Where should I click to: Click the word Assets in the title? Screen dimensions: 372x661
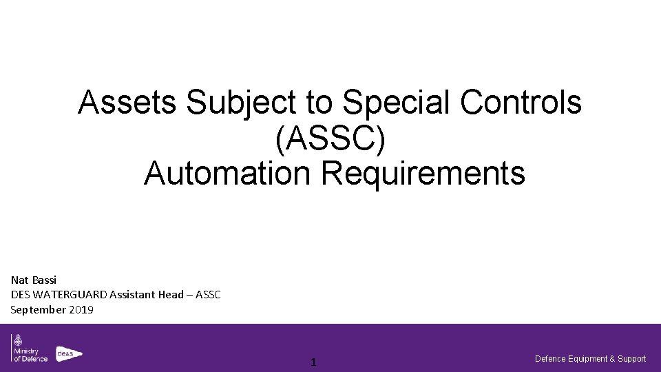[129, 104]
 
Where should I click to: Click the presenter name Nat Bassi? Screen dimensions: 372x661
[33, 280]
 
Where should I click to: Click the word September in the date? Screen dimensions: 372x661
[39, 309]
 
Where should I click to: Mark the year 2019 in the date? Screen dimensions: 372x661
[81, 309]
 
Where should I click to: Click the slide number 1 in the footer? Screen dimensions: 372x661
[313, 362]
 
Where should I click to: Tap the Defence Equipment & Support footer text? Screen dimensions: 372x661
[591, 358]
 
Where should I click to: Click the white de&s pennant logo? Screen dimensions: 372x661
[68, 353]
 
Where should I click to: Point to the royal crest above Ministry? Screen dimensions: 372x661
[16, 341]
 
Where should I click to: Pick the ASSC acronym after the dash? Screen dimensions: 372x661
[208, 295]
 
